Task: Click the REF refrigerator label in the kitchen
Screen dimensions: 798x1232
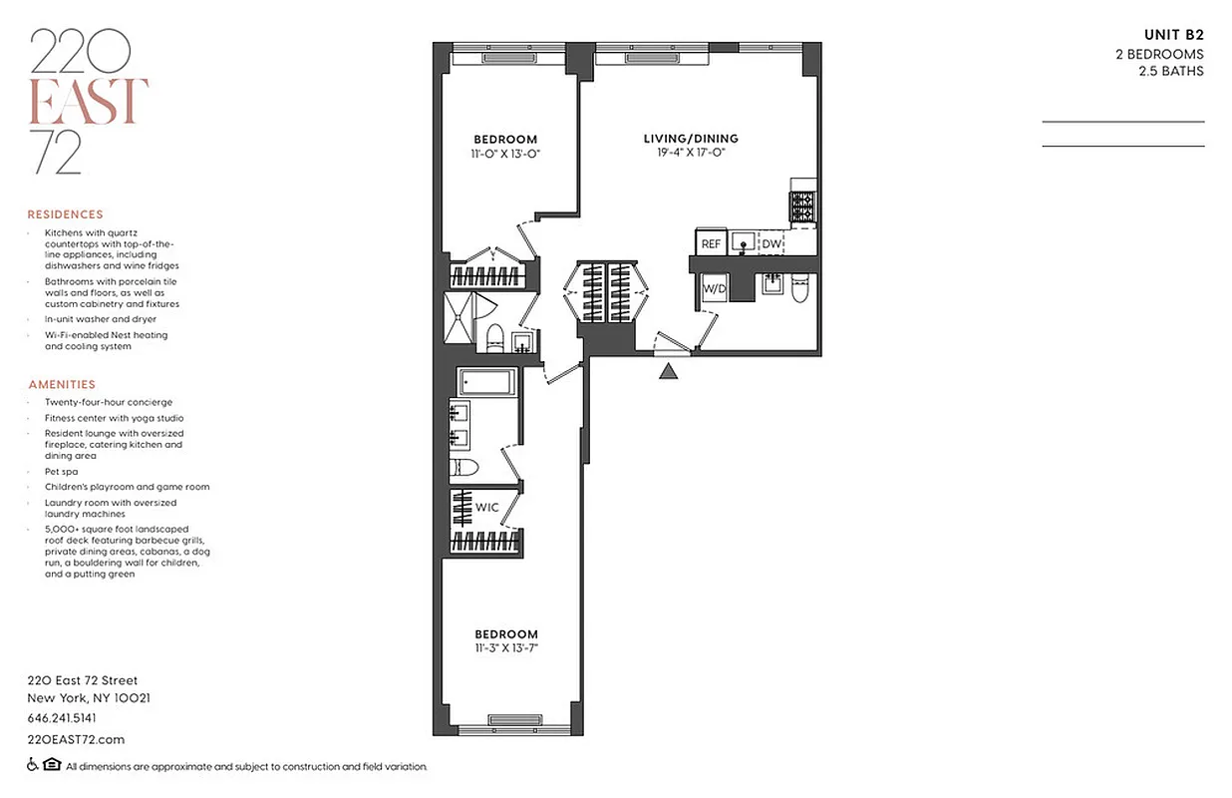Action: click(x=711, y=243)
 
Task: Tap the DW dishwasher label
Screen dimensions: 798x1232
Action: click(x=772, y=243)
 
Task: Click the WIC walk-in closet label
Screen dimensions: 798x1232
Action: click(x=486, y=508)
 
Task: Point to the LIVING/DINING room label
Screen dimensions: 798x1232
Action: click(x=691, y=139)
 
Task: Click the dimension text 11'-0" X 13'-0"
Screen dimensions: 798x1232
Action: click(x=505, y=154)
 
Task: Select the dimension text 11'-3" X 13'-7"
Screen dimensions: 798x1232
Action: click(x=505, y=648)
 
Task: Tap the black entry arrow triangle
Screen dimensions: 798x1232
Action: click(x=669, y=372)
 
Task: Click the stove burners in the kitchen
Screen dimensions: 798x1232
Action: click(x=803, y=207)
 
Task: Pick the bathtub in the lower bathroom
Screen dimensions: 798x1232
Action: click(x=486, y=382)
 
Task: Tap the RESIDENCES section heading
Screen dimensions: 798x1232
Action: click(x=65, y=214)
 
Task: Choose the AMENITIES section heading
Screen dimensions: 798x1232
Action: click(x=62, y=384)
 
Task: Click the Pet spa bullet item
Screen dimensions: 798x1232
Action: click(x=62, y=471)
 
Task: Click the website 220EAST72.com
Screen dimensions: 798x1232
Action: click(x=76, y=739)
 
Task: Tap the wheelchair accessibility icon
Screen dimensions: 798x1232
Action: click(x=33, y=766)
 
